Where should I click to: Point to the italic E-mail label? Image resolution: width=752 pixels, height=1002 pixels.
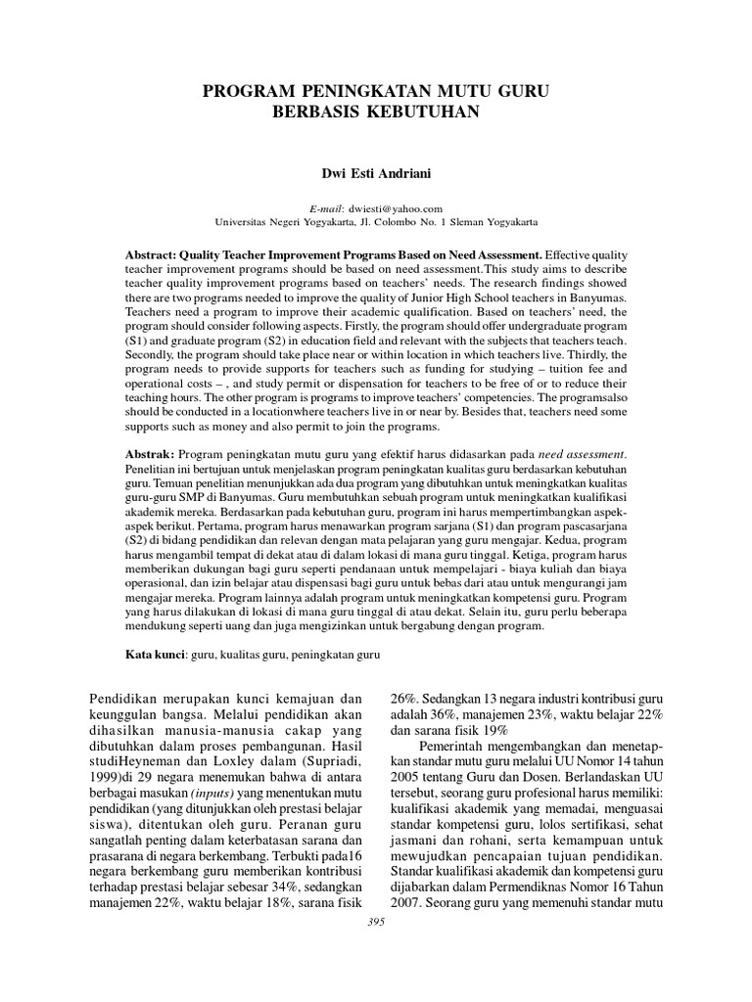324,207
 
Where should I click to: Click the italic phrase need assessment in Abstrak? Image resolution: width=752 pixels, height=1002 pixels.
582,455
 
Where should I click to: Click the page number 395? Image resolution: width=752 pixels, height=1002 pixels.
375,922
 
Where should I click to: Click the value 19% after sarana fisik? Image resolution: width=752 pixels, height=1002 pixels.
494,730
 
